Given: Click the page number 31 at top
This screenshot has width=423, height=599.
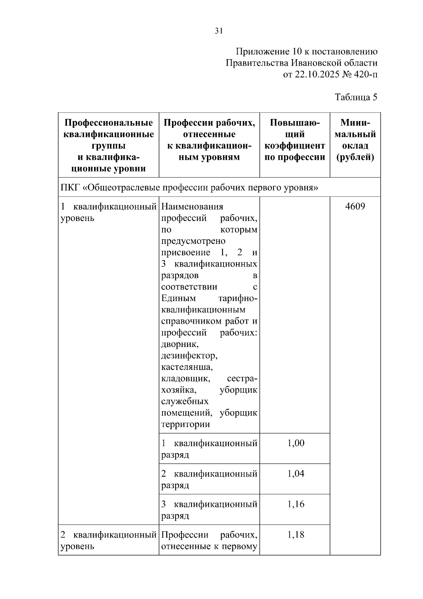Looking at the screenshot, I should click(x=219, y=31).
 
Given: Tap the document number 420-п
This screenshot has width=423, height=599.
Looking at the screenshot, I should click(x=365, y=74).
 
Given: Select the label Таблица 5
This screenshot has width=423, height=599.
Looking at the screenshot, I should click(x=356, y=97).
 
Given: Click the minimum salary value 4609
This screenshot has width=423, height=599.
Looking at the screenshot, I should click(x=355, y=206).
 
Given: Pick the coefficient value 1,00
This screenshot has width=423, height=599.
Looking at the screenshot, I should click(x=296, y=443).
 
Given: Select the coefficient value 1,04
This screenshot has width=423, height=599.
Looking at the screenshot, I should click(x=296, y=474).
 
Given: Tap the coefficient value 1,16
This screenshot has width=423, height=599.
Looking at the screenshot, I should click(x=296, y=504).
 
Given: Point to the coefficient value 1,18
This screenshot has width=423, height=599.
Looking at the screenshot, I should click(x=296, y=535).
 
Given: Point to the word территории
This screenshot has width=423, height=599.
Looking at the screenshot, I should click(x=185, y=424).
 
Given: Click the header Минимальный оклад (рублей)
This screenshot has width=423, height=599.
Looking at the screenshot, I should click(x=355, y=140).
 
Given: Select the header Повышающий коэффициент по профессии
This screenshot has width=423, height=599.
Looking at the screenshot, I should click(x=295, y=140).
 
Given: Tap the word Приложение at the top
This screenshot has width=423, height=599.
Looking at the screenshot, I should click(x=258, y=52).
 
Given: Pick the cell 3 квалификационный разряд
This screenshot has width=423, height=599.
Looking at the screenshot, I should click(x=209, y=510).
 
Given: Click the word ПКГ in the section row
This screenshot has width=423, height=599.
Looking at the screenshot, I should click(x=70, y=187).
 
